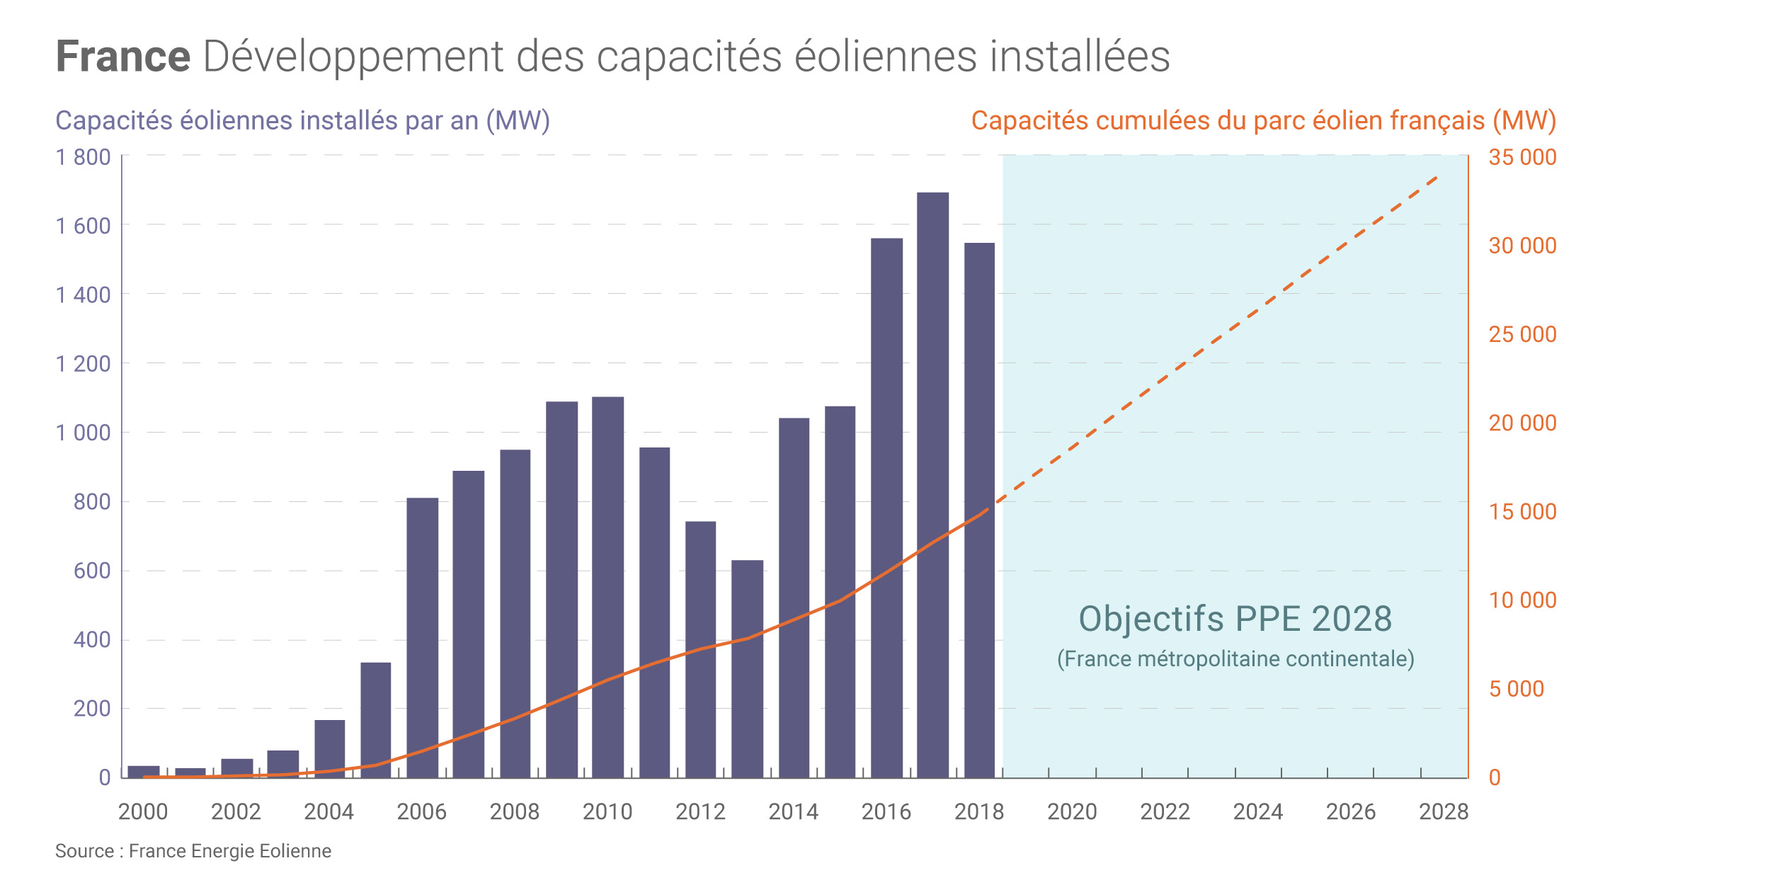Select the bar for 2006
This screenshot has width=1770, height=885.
(423, 637)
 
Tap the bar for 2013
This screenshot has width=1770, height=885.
(747, 668)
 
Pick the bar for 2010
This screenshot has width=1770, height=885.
(607, 587)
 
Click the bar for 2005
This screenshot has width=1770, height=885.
(376, 719)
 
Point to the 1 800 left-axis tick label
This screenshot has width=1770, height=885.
(83, 157)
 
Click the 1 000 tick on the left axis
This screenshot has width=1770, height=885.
(83, 433)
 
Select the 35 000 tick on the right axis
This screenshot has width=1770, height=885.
(1522, 157)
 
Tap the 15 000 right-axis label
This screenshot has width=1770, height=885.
(1522, 512)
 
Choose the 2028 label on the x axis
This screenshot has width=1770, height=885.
(1444, 811)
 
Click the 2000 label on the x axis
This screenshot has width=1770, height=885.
(143, 811)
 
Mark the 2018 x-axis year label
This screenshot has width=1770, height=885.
(979, 811)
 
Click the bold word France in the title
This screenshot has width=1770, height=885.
(123, 57)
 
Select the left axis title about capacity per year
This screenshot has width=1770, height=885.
(302, 121)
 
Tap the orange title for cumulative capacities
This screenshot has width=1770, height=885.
(1263, 121)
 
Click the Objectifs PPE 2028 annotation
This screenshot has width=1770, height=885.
(1235, 619)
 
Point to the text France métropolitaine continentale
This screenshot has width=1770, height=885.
(1235, 659)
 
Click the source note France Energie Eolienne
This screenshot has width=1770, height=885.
(193, 851)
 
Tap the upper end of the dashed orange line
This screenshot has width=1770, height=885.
(1437, 177)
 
